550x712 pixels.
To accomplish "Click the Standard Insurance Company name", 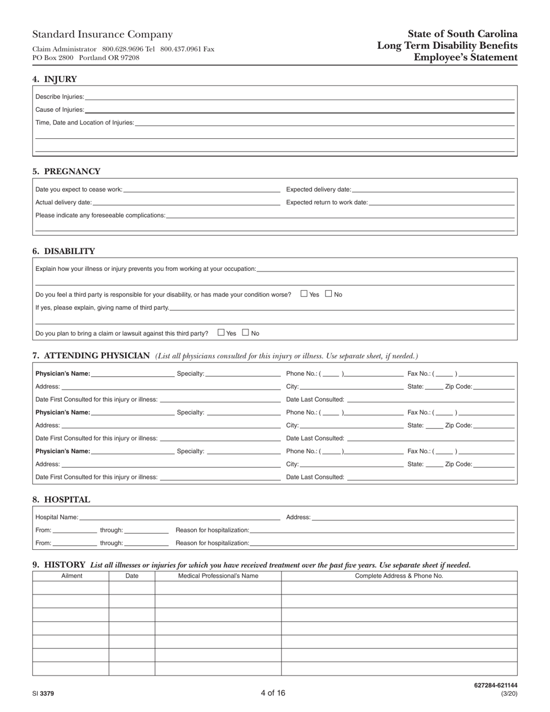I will click(102, 35).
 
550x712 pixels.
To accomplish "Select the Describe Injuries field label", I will click(60, 97).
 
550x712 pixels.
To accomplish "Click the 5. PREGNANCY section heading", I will click(67, 171).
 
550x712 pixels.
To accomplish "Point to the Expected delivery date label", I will click(318, 189).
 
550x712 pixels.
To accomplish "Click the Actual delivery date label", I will click(64, 203).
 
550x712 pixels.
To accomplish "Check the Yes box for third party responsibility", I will click(304, 293).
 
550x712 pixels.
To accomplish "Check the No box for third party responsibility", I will click(329, 293).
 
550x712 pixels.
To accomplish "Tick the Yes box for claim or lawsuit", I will click(221, 332).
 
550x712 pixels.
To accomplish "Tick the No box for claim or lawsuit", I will click(245, 332).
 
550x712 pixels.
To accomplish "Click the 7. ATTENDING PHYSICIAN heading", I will click(91, 355).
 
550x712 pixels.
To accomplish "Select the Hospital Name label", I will click(57, 517).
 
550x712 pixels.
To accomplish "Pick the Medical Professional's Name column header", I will click(218, 576).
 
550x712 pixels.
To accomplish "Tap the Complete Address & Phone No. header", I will click(399, 576).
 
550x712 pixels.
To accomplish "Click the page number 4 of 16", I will click(273, 693).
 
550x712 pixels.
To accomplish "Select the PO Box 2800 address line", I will click(86, 58).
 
